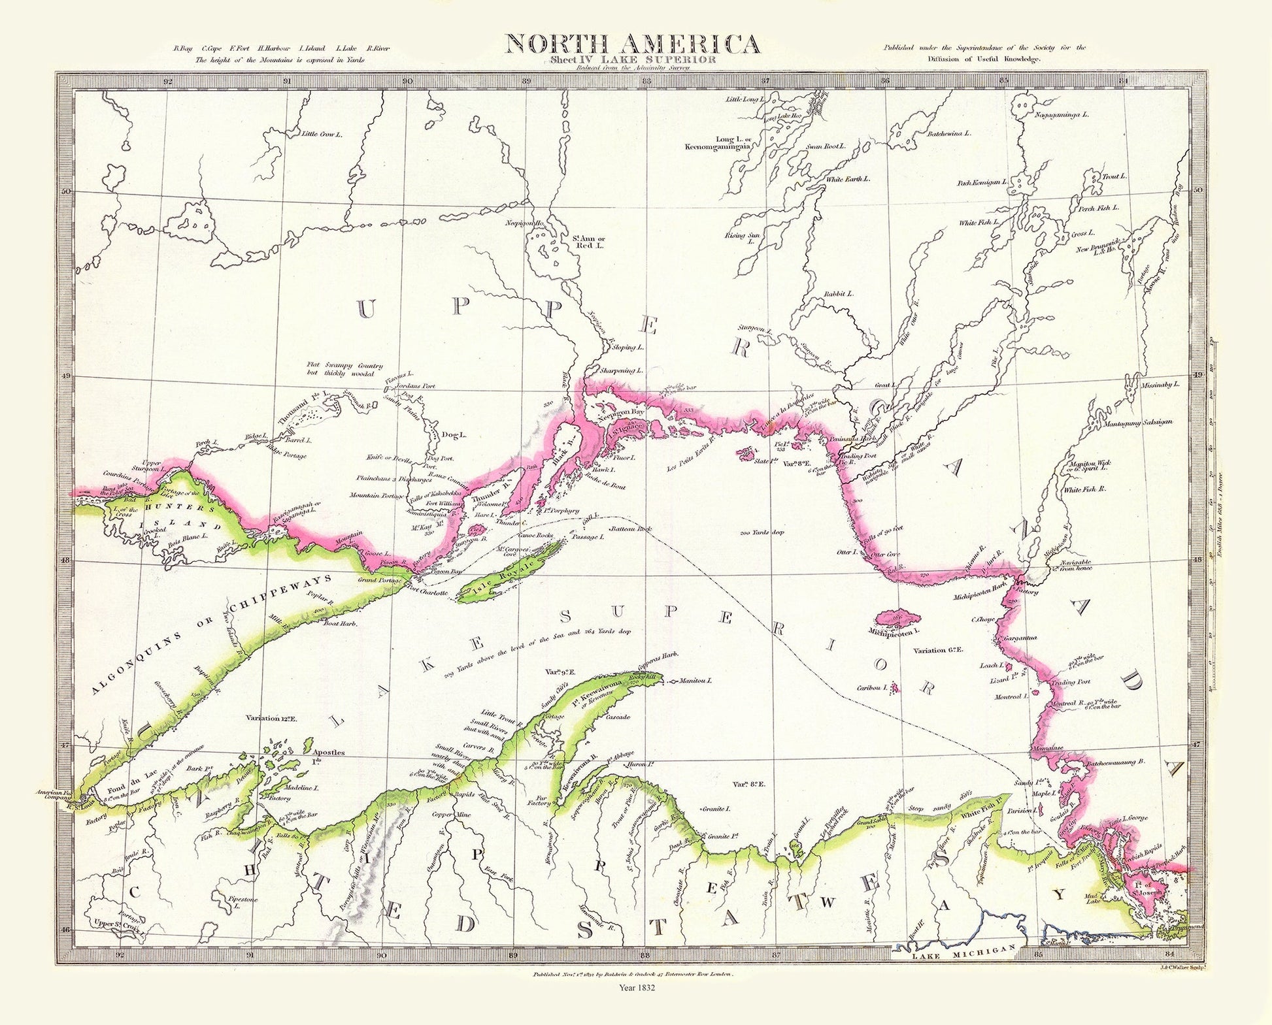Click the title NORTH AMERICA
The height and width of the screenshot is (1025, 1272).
(x=632, y=44)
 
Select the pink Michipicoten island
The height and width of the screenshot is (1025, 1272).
(x=895, y=617)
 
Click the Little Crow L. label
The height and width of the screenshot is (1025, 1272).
(x=322, y=134)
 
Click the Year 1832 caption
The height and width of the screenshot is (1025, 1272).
(x=635, y=1007)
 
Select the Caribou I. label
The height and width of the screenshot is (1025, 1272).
(x=873, y=688)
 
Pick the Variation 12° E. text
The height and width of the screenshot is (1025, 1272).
(x=272, y=719)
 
